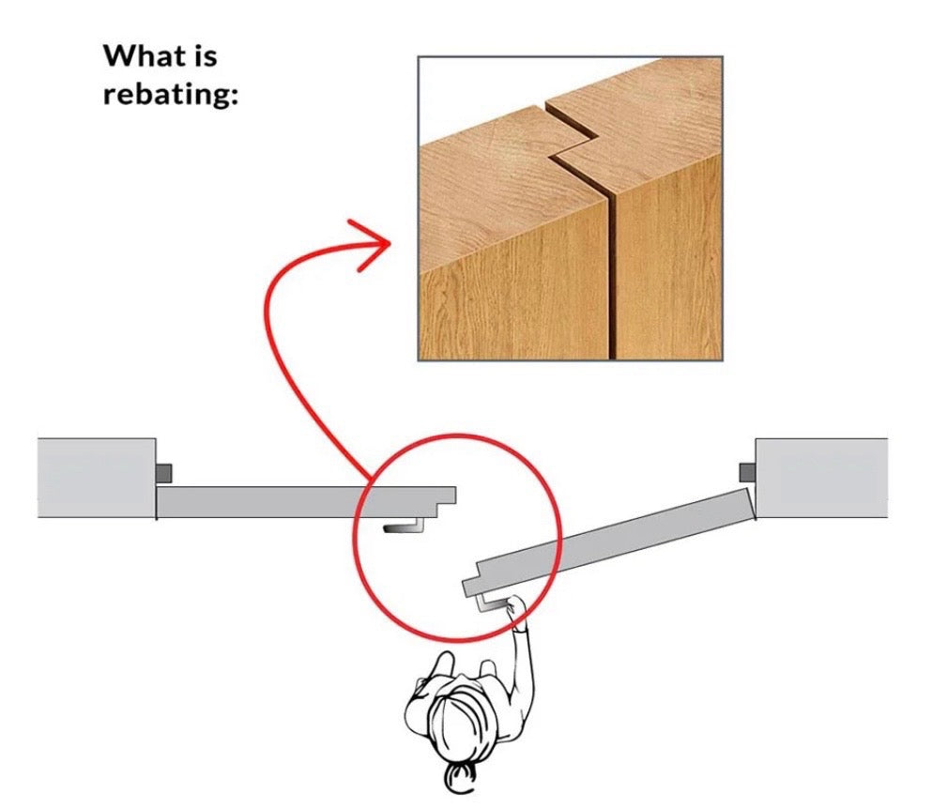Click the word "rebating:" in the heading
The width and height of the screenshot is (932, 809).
click(x=171, y=94)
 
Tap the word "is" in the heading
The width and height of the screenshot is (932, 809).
click(x=205, y=56)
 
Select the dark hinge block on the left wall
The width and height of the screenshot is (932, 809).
click(x=164, y=474)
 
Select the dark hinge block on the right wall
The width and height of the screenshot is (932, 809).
click(x=747, y=473)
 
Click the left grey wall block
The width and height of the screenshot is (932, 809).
click(x=97, y=478)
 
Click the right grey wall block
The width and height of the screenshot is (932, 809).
click(x=821, y=478)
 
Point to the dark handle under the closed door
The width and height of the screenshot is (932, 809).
click(x=404, y=526)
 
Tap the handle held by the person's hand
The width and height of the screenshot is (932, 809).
click(x=489, y=603)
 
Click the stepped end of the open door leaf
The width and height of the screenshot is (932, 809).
click(x=472, y=580)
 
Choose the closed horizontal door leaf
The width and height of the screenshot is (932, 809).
click(x=306, y=502)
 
